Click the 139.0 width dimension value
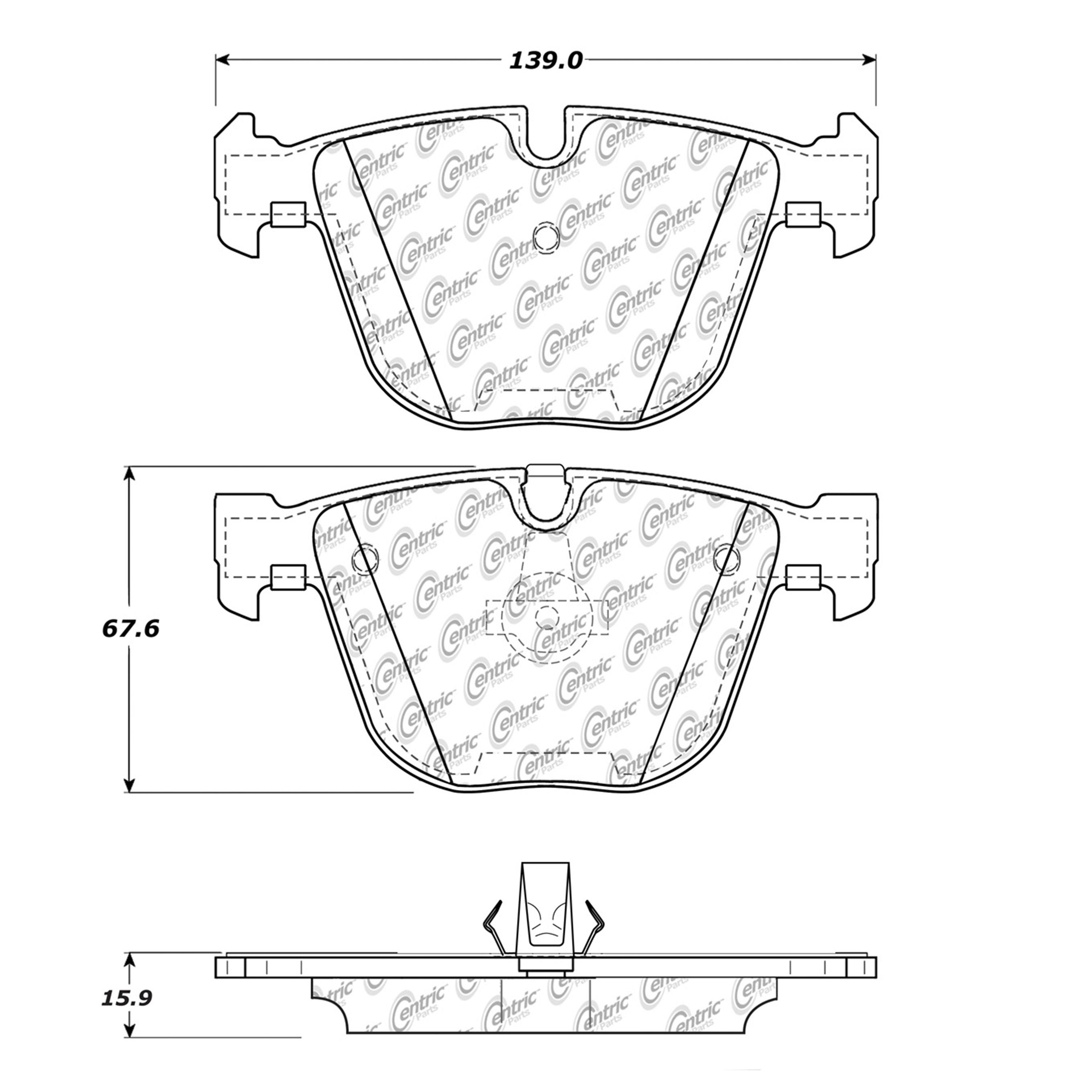point(545,60)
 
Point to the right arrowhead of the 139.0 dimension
point(869,60)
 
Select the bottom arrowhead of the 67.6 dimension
point(129,786)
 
